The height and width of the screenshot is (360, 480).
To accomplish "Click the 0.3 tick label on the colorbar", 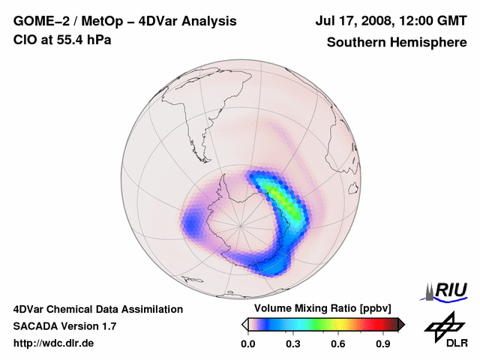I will pos(292,344).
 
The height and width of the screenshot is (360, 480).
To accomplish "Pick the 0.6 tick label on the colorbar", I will pos(338,344).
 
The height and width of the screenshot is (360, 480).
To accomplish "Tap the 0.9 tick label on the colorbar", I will pos(383,344).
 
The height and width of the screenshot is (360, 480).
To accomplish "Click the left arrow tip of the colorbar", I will pos(244,325).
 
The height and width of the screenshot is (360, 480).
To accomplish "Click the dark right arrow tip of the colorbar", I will pos(402,325).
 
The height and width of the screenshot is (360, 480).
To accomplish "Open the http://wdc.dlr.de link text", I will pos(54,343).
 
